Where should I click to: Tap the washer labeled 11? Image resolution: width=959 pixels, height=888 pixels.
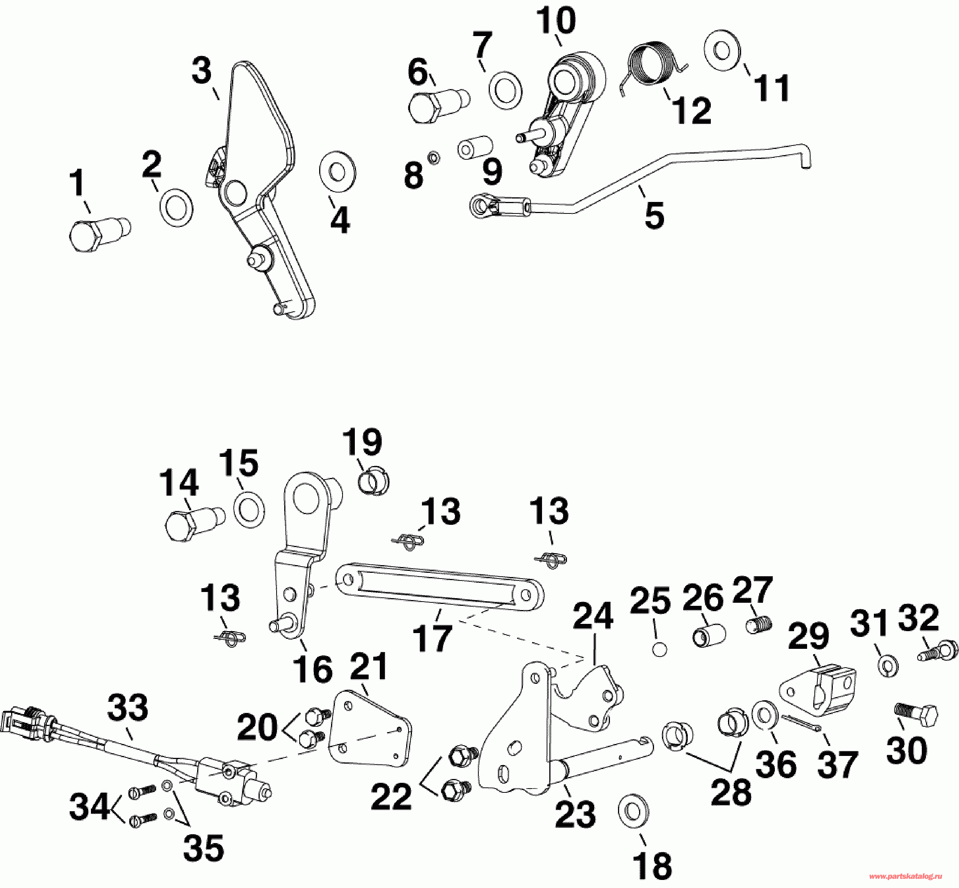pos(722,51)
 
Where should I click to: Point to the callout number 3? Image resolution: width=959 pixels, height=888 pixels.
pos(202,71)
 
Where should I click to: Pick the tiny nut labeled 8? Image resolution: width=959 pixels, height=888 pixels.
pos(433,157)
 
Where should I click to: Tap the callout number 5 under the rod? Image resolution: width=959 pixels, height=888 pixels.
pos(654,215)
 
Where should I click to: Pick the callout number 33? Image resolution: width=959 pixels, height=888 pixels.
pos(127,708)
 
